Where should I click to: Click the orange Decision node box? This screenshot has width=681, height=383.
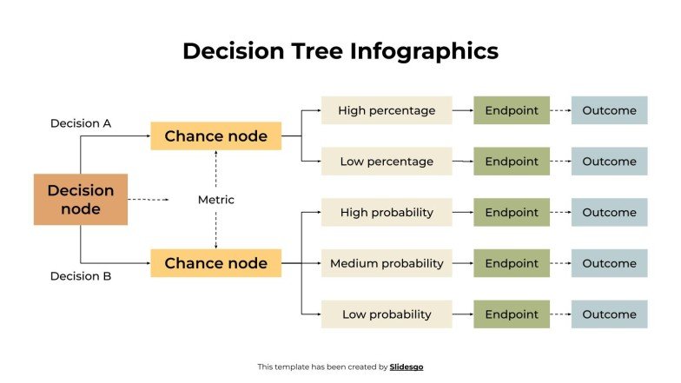[81, 200]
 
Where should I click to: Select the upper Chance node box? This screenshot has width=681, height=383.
[215, 136]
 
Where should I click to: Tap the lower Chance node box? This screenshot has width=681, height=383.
[215, 263]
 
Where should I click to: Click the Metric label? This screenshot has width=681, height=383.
[216, 200]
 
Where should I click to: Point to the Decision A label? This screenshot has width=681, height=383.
[81, 123]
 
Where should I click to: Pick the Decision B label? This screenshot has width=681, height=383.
[81, 276]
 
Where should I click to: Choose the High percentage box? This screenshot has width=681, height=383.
[387, 110]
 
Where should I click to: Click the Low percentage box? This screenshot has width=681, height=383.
[387, 162]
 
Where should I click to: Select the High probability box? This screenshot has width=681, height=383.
[387, 212]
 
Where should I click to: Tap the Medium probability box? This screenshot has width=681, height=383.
[387, 263]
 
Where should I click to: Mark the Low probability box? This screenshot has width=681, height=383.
[387, 314]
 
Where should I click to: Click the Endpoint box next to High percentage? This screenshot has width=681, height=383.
[512, 110]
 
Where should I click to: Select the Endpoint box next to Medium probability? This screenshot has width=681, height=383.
[512, 263]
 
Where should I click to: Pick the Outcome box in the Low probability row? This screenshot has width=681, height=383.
[609, 314]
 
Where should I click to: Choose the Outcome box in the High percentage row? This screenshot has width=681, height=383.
[609, 110]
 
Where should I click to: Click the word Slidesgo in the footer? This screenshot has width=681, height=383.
[407, 367]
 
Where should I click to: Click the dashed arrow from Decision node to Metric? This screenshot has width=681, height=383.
[149, 200]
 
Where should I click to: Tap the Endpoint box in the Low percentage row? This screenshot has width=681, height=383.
[512, 162]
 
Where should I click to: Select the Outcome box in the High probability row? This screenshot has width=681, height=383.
[609, 212]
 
